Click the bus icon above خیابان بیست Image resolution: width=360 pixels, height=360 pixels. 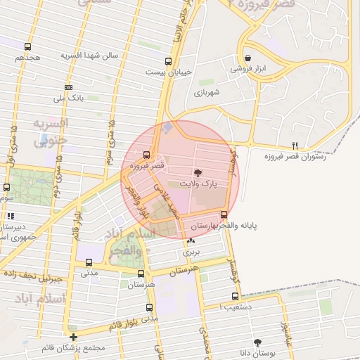pos(167,60)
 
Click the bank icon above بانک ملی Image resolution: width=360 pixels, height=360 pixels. pos(68,87)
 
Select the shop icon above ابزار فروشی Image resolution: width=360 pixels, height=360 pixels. pos(247,58)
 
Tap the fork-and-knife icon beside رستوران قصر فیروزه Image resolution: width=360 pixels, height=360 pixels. pos(295,146)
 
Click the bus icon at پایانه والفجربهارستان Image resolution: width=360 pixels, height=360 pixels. pos(224,214)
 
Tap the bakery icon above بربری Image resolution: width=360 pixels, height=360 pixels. pos(191,240)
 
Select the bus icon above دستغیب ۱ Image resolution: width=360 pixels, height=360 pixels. pos(235,296)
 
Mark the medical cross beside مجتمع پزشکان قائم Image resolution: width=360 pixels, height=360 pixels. pos(72,337)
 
